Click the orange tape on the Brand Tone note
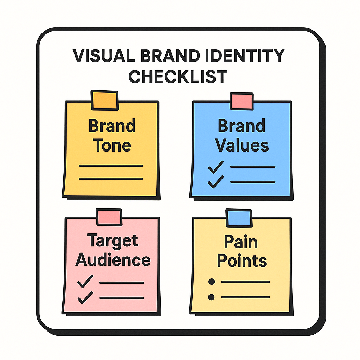(x=104, y=100)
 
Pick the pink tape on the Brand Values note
(x=242, y=101)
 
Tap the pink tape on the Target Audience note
(x=109, y=217)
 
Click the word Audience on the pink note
(x=113, y=260)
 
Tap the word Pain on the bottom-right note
(x=241, y=242)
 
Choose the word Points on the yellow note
(x=242, y=261)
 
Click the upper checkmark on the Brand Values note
(x=216, y=167)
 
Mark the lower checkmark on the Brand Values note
(x=216, y=181)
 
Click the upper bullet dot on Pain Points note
(x=211, y=282)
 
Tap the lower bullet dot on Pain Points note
(x=211, y=297)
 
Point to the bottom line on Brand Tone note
(x=111, y=179)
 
